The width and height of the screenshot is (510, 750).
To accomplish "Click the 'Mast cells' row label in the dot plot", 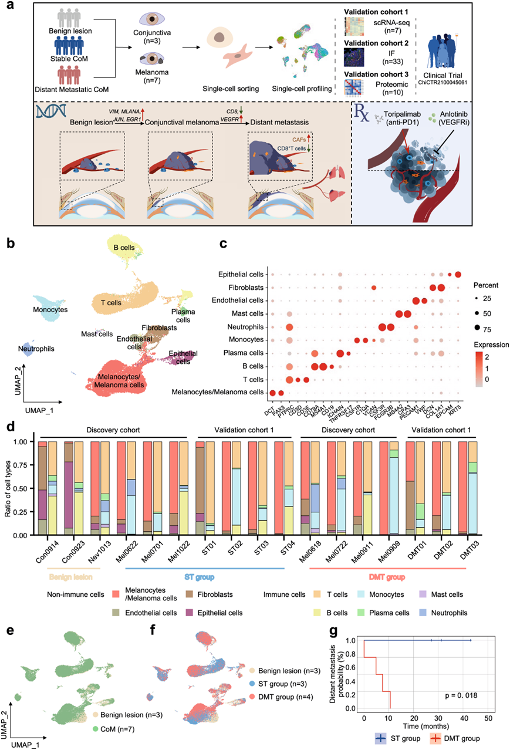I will coord(249,313).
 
